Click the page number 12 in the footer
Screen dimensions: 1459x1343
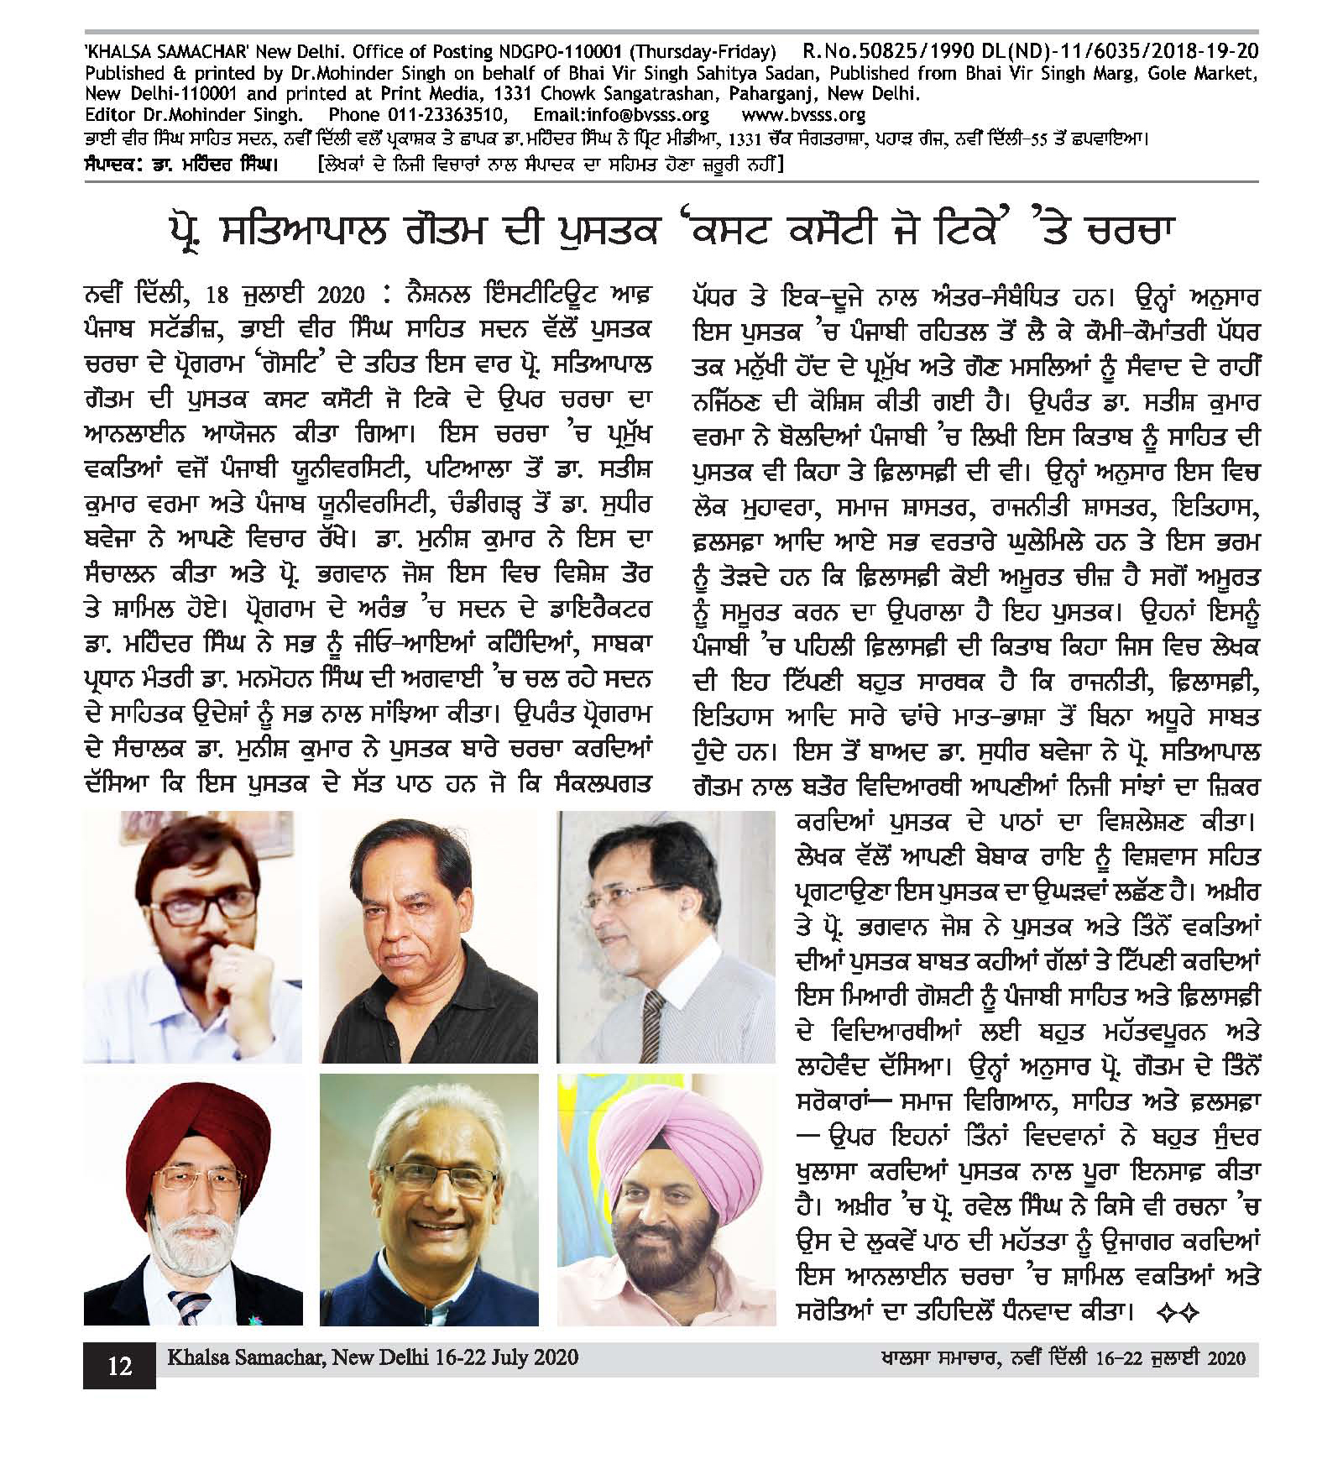(x=119, y=1366)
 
